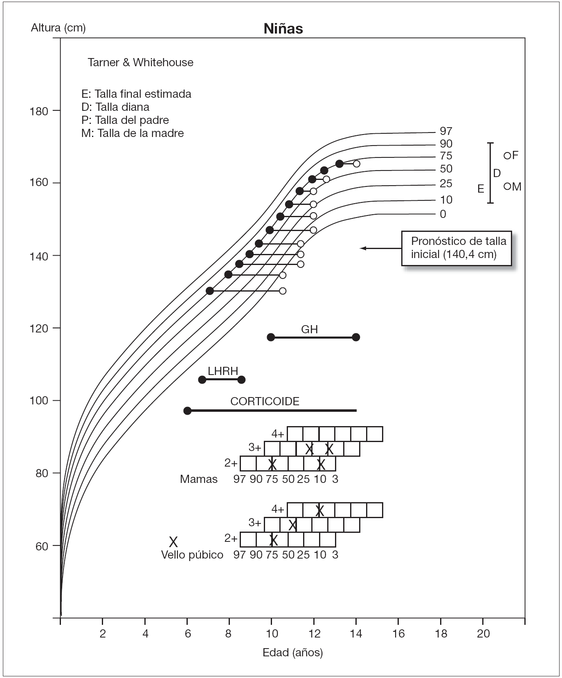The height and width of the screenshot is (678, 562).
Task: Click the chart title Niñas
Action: pyautogui.click(x=283, y=29)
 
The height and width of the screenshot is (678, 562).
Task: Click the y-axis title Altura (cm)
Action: pyautogui.click(x=58, y=28)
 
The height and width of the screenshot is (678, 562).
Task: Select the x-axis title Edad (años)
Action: pyautogui.click(x=292, y=653)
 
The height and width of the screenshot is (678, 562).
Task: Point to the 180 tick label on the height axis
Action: pyautogui.click(x=39, y=111)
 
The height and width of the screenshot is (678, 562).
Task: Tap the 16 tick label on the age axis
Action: pyautogui.click(x=398, y=633)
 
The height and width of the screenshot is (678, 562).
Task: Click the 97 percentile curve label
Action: pyautogui.click(x=446, y=131)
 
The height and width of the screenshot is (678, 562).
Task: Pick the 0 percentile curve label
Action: pyautogui.click(x=443, y=214)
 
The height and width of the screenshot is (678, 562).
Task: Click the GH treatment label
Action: pyautogui.click(x=309, y=330)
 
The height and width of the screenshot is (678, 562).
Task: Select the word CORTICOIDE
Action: pyautogui.click(x=265, y=402)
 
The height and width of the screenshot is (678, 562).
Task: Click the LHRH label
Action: pyautogui.click(x=223, y=371)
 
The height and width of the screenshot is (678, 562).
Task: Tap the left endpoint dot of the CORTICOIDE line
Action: pyautogui.click(x=187, y=411)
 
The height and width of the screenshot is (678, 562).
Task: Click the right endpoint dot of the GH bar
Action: pyautogui.click(x=356, y=337)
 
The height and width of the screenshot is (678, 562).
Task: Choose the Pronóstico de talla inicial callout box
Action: pyautogui.click(x=456, y=248)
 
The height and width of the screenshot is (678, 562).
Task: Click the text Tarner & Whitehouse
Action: pyautogui.click(x=140, y=63)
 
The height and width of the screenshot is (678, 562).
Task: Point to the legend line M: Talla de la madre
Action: pyautogui.click(x=133, y=133)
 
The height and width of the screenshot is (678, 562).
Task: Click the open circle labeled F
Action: pyautogui.click(x=507, y=155)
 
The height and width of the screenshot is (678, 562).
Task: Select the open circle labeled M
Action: pyautogui.click(x=507, y=186)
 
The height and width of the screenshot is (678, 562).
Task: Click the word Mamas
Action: pyautogui.click(x=199, y=479)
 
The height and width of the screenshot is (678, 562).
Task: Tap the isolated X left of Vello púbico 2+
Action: pyautogui.click(x=173, y=542)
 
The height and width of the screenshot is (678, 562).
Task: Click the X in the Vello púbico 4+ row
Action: pyautogui.click(x=319, y=510)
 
